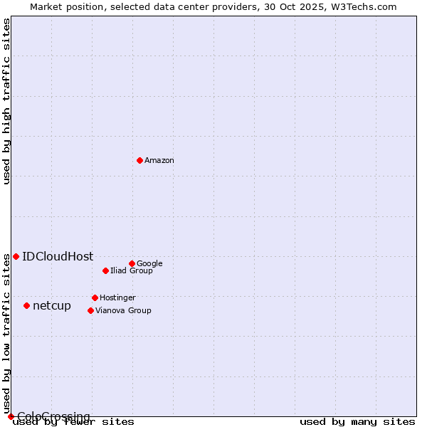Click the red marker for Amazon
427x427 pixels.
(x=139, y=160)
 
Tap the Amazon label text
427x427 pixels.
(x=159, y=161)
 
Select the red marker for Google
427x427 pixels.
(x=132, y=263)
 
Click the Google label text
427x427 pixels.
(x=149, y=263)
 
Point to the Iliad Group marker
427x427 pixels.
(x=105, y=270)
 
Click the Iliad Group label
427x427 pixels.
(x=132, y=270)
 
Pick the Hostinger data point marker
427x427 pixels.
(x=95, y=297)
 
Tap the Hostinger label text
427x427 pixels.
(x=117, y=297)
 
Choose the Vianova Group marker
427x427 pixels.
(x=90, y=310)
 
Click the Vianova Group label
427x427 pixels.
(x=123, y=310)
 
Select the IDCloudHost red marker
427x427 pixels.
(x=16, y=256)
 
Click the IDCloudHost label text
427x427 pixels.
(x=58, y=257)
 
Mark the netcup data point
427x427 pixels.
(x=26, y=305)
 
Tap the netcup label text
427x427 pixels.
(x=52, y=306)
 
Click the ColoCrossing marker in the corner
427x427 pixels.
(x=11, y=416)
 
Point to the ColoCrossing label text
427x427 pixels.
(x=53, y=416)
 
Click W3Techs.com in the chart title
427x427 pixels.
(x=367, y=7)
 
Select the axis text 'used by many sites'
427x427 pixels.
(x=357, y=421)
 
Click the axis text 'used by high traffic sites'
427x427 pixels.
(x=7, y=101)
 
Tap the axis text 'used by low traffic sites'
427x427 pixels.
(x=7, y=334)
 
